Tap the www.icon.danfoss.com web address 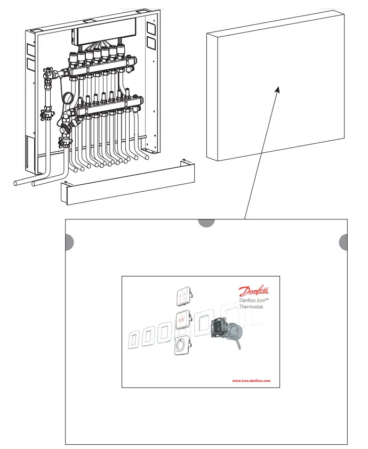pyautogui.click(x=251, y=381)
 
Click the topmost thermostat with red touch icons pyautogui.click(x=184, y=295)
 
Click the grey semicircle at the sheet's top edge pyautogui.click(x=206, y=223)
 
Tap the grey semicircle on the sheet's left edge pyautogui.click(x=69, y=242)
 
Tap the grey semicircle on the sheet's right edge pyautogui.click(x=344, y=242)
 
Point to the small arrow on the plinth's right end pyautogui.click(x=185, y=159)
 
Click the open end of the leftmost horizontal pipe pyautogui.click(x=17, y=183)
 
